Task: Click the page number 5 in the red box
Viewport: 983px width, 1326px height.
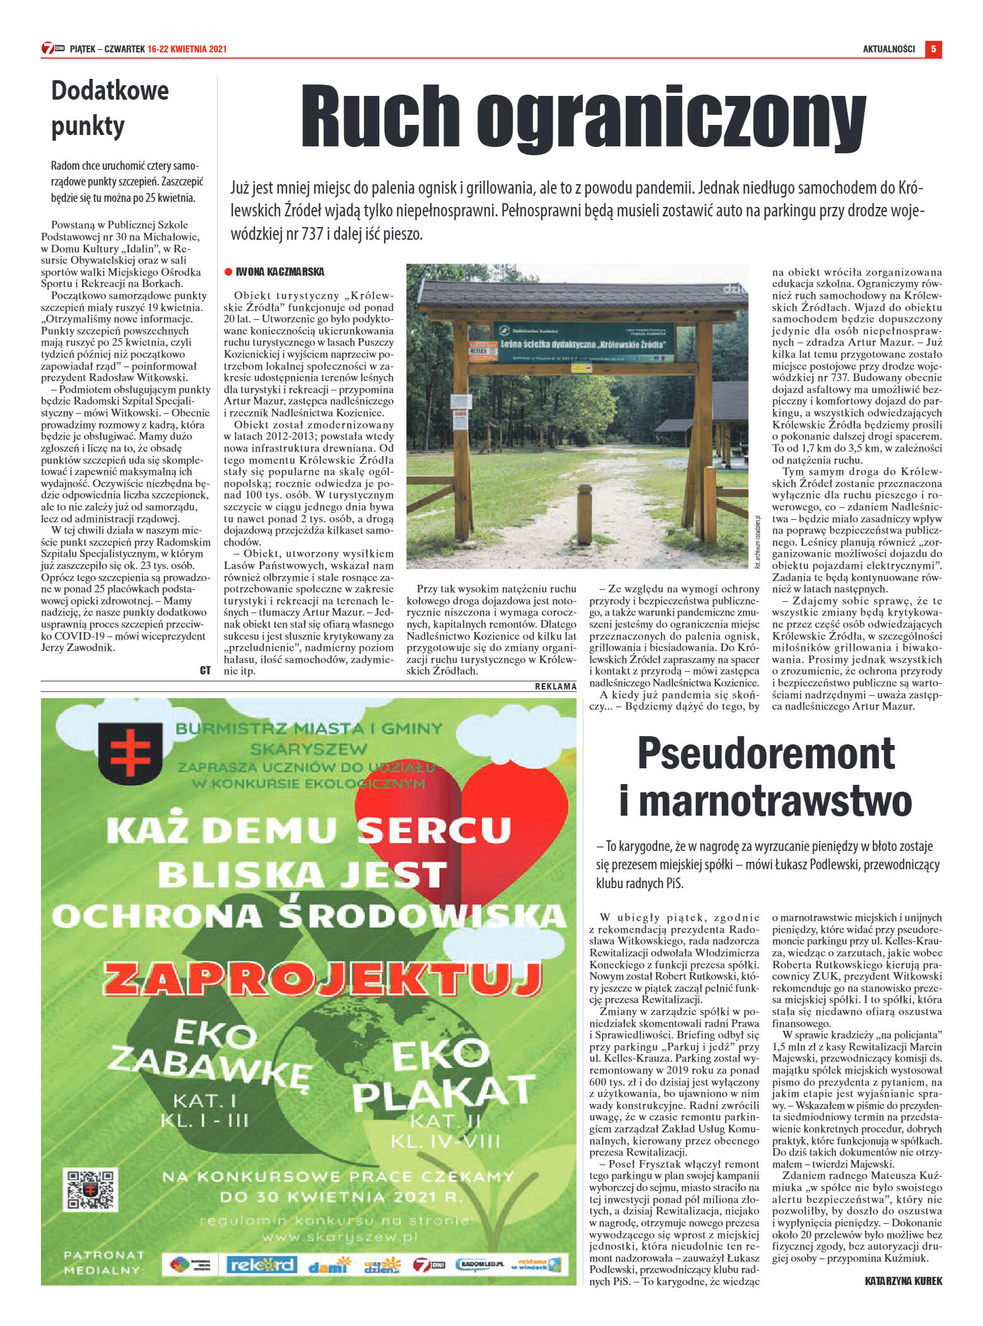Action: coord(933,49)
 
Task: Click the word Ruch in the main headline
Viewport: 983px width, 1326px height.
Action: coord(380,117)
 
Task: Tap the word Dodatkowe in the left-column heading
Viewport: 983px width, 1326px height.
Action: coord(110,91)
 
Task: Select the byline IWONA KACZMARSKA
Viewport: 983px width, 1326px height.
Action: coord(280,272)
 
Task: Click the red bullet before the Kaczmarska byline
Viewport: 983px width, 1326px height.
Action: coord(228,272)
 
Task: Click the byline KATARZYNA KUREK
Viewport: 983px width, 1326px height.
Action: coord(903,1281)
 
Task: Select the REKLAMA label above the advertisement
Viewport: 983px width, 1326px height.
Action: coord(555,686)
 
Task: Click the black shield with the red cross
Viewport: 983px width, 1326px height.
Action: coord(131,753)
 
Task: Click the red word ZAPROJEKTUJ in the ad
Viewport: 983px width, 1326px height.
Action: coord(322,979)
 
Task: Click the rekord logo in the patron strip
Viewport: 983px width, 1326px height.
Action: coord(261,1264)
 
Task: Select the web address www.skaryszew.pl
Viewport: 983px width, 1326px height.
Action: coord(340,1237)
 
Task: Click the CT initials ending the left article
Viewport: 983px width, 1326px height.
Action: coord(205,671)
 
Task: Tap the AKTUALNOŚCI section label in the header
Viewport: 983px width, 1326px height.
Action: coord(888,49)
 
